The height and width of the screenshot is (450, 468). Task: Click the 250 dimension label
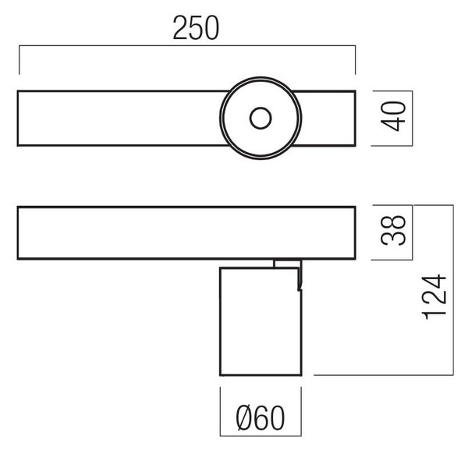[x=196, y=28]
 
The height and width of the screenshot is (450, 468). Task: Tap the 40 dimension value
[x=393, y=116]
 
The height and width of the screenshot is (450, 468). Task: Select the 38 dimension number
[x=393, y=230]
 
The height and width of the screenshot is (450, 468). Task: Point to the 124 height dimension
[x=434, y=297]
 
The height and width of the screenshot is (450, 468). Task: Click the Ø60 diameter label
[x=260, y=418]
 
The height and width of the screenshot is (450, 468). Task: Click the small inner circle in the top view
[x=261, y=119]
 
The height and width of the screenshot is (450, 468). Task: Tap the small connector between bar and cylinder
[x=287, y=264]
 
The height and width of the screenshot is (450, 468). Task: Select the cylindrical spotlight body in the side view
[x=261, y=321]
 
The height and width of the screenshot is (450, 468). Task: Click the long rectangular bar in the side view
[x=186, y=232]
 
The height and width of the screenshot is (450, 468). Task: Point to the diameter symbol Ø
[x=243, y=418]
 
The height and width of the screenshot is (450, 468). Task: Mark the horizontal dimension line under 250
[x=187, y=46]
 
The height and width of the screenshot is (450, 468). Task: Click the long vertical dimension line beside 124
[x=453, y=290]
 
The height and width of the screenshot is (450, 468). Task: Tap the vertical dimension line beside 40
[x=412, y=119]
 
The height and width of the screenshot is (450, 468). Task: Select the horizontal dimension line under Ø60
[x=261, y=436]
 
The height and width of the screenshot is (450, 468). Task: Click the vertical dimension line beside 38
[x=412, y=232]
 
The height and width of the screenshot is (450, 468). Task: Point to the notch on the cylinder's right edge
[x=300, y=288]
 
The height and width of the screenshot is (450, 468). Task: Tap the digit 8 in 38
[x=393, y=222]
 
